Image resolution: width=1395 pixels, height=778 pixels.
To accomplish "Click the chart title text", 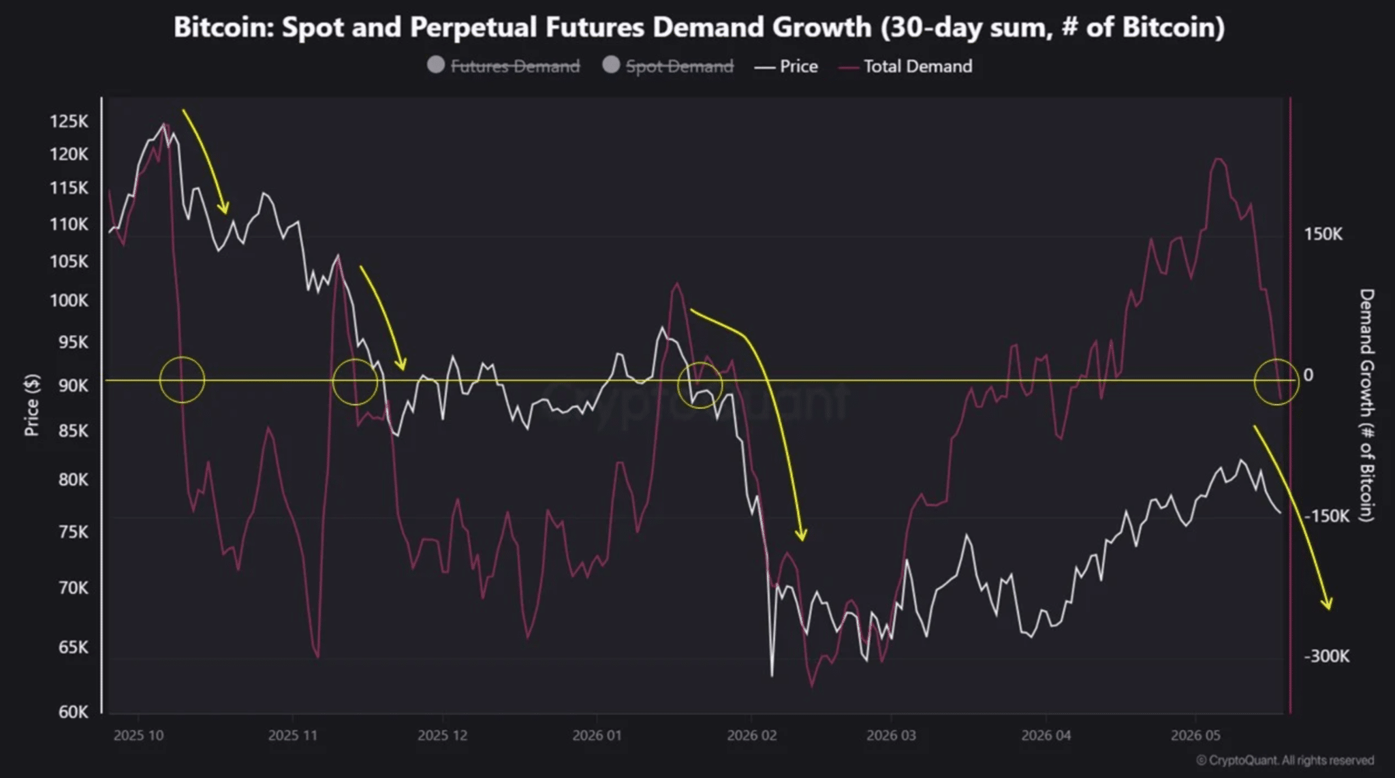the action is [x=699, y=27].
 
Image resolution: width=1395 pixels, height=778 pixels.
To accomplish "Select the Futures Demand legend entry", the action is [x=503, y=66].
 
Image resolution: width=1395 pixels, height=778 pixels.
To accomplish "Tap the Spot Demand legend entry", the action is [x=668, y=66].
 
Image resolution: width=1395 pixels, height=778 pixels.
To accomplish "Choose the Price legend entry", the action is [x=786, y=66].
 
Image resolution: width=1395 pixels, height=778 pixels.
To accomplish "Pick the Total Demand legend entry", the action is [x=906, y=66].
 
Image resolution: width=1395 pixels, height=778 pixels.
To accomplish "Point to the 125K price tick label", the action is [x=69, y=121].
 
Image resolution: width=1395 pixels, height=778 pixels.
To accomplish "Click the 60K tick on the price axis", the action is [x=73, y=712].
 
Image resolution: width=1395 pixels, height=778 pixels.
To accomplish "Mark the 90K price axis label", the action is [x=73, y=386].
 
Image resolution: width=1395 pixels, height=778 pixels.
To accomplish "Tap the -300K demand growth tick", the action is [x=1326, y=656].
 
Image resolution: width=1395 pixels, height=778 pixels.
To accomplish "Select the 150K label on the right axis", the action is [x=1323, y=234].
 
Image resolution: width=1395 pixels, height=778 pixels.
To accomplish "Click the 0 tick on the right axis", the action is [x=1308, y=375].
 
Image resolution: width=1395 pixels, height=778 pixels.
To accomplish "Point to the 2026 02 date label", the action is [x=751, y=736].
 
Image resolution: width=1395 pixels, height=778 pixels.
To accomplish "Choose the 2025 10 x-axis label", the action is [x=138, y=736].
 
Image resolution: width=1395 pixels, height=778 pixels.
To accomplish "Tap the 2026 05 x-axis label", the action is [x=1195, y=736].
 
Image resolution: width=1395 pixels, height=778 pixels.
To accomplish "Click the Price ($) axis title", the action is [x=31, y=405].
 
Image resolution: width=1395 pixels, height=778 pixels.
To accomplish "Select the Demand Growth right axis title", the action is [x=1366, y=405].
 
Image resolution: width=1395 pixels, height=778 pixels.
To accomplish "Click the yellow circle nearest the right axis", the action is [x=1255, y=382].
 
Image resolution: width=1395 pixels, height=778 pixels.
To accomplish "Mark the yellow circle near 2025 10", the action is [x=160, y=379].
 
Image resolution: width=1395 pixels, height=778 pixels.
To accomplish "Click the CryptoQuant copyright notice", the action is [x=1285, y=760].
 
